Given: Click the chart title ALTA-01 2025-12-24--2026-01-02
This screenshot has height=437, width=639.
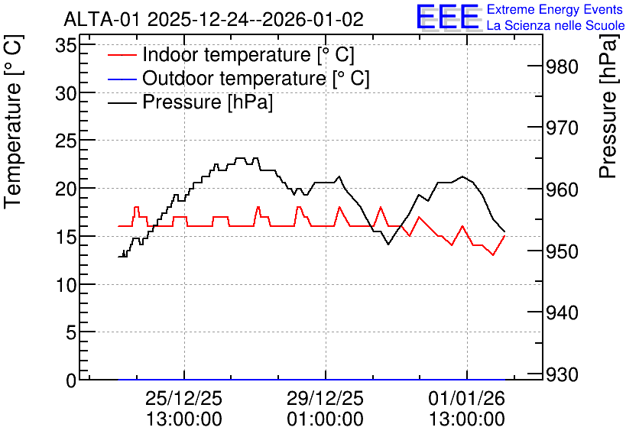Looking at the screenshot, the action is pos(213,19).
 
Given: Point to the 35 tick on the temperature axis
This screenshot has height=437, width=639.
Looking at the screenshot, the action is pos(66,46).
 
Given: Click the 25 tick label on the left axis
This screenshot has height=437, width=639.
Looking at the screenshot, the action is pos(66,141).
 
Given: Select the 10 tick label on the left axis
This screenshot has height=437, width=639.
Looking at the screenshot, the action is pos(66,285).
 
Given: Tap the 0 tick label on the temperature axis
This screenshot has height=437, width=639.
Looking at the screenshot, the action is pos(71,380).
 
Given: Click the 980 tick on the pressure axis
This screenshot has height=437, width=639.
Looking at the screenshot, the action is pos(563,66).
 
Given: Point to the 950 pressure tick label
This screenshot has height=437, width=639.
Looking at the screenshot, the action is pos(563,251).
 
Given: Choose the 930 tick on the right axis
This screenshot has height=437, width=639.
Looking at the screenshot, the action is pos(563,374).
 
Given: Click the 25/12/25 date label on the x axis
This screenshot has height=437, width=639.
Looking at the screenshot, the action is pos(183,398).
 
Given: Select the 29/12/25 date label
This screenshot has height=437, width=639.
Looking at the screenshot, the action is pos(325,398).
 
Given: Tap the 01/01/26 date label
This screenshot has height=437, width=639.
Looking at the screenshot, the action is pos(466,398).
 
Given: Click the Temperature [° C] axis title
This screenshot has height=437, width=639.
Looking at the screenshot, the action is pos(13,122).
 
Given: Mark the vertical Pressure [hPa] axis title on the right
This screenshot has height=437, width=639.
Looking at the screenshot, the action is pos(608,106).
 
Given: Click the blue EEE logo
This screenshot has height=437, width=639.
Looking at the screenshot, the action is pos(447,17).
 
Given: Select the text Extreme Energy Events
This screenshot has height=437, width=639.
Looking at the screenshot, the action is pos(555,9).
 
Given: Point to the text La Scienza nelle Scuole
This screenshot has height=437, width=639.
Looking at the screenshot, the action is pos(556,26).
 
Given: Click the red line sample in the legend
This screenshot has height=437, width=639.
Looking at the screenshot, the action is pos(122,55).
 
